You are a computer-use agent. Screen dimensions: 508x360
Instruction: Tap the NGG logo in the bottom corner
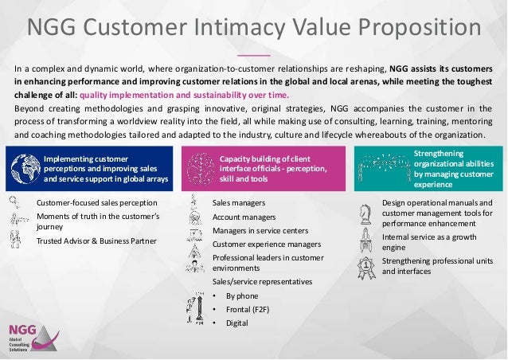pos(28,337)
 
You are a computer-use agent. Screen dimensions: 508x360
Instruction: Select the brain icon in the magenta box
pos(199,165)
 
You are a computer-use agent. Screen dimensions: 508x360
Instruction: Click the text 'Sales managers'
pos(239,203)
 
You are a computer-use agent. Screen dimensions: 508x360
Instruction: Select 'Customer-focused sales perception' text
pos(97,203)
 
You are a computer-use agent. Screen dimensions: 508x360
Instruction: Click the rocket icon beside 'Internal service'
pos(367,240)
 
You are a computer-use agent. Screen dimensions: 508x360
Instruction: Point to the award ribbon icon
pos(367,267)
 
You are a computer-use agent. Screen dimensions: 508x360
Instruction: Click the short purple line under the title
pos(254,55)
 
